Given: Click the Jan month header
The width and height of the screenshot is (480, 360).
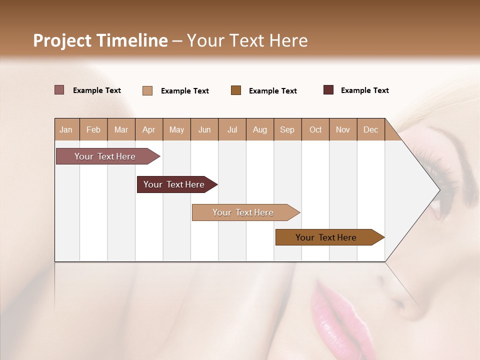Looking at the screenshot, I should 66,130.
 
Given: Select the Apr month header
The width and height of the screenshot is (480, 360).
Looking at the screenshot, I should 148,130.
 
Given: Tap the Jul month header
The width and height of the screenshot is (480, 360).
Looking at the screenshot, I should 232,130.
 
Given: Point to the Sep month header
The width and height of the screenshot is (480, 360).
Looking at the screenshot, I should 287,130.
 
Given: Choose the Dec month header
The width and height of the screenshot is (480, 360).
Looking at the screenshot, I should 370,130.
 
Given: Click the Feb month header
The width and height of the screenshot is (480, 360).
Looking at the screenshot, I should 93,130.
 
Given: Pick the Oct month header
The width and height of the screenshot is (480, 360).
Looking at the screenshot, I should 315,130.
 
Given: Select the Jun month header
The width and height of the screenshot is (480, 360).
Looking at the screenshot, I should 204,130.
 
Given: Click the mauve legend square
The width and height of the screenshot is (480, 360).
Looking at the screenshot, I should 59,90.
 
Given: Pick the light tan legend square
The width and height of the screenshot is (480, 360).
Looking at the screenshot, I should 147,90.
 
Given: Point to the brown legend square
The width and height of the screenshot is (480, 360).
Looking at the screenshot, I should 236,90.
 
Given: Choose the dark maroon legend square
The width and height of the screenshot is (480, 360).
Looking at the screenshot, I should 328,90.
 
